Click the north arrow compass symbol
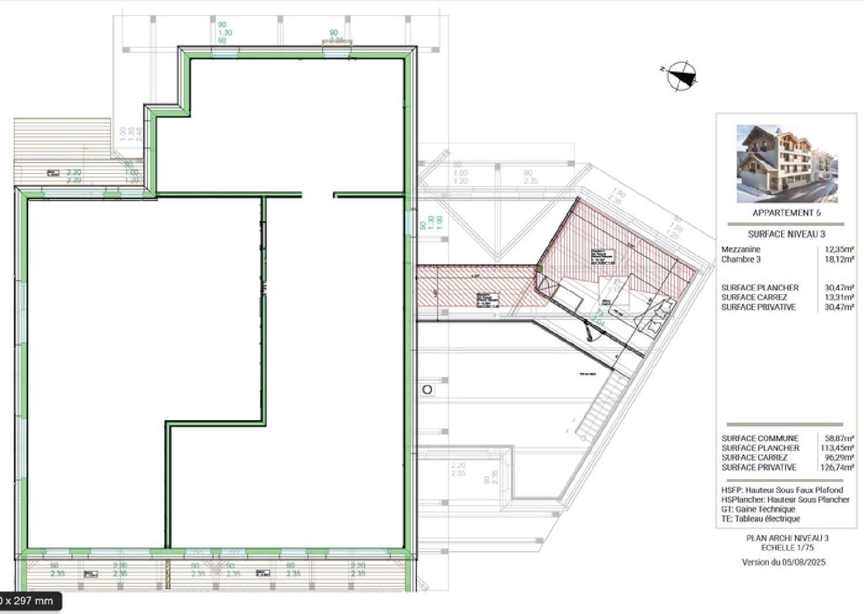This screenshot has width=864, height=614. pyautogui.click(x=681, y=76)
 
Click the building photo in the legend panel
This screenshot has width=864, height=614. pyautogui.click(x=787, y=164)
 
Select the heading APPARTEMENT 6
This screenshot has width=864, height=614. pyautogui.click(x=786, y=213)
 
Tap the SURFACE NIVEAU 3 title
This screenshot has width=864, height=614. pyautogui.click(x=786, y=234)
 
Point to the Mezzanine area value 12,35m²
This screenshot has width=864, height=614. pyautogui.click(x=839, y=250)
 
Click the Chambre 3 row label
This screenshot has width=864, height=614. pyautogui.click(x=741, y=259)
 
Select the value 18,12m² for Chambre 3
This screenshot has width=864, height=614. pyautogui.click(x=839, y=259)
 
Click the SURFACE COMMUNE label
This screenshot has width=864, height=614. pyautogui.click(x=760, y=438)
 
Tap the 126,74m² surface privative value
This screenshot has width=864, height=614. pyautogui.click(x=837, y=468)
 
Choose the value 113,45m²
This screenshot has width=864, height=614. pyautogui.click(x=837, y=448)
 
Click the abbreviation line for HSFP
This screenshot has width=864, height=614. pyautogui.click(x=782, y=490)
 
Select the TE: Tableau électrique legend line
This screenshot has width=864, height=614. pyautogui.click(x=760, y=519)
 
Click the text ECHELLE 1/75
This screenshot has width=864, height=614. pyautogui.click(x=787, y=548)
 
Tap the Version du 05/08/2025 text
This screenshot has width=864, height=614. pyautogui.click(x=783, y=562)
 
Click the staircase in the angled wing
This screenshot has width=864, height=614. pyautogui.click(x=596, y=404)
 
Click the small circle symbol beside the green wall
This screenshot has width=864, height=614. pyautogui.click(x=427, y=390)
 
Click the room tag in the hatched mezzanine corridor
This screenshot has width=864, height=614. pyautogui.click(x=487, y=300)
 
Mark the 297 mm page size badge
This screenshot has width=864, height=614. pyautogui.click(x=29, y=601)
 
